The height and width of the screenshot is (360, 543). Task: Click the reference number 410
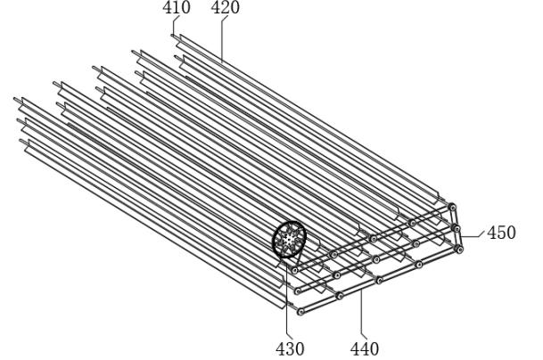coord(177,7)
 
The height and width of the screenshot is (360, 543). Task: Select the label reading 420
coord(225,7)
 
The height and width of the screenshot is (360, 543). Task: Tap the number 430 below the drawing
coord(290,348)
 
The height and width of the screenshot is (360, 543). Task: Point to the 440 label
coord(365,348)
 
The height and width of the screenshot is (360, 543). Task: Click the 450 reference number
coord(501,233)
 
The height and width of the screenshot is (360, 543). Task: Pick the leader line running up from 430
coord(287,298)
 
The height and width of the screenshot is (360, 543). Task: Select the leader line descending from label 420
coord(222,38)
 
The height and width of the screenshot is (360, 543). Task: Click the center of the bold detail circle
coord(289,239)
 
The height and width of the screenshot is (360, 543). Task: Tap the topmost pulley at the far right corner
coord(452,207)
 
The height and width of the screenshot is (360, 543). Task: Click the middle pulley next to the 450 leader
coord(457,228)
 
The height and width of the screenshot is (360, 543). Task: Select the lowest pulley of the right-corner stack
coord(459,249)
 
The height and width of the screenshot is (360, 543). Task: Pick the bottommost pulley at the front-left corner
coord(300,312)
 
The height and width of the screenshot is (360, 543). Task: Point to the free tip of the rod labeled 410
coord(172,35)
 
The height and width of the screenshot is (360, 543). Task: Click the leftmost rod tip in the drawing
coord(15,99)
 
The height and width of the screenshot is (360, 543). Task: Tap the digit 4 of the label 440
coord(355,348)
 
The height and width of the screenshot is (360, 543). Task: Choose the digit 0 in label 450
coord(511,233)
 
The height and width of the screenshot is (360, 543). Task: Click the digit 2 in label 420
coord(225,7)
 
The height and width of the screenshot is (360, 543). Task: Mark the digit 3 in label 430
coord(290,348)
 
